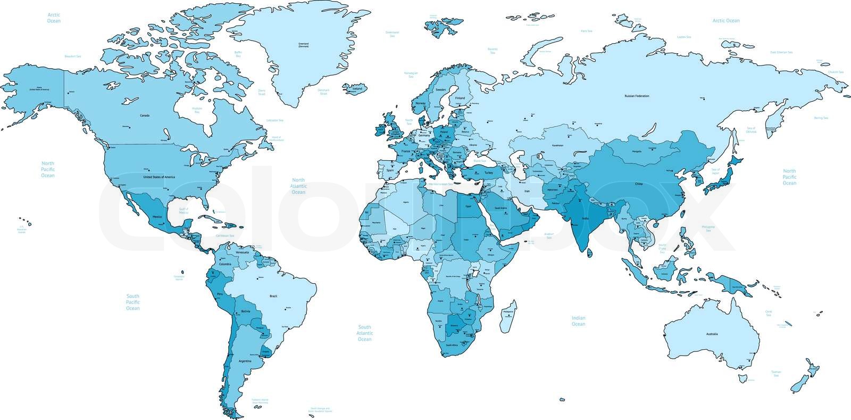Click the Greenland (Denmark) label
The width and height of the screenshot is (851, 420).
tap(303, 45)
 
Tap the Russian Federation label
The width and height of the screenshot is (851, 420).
tap(637, 96)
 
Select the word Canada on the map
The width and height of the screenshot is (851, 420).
tap(144, 115)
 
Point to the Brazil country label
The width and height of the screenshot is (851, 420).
tap(274, 295)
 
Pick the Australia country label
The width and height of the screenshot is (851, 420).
tap(712, 334)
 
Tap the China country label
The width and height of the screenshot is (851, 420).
tap(639, 184)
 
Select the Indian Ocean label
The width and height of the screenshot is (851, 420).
tap(578, 321)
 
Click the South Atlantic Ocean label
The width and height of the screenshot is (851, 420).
tap(364, 333)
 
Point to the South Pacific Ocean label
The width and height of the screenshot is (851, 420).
tap(132, 302)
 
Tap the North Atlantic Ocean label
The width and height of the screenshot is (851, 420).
tap(298, 186)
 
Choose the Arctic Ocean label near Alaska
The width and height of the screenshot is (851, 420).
tap(54, 18)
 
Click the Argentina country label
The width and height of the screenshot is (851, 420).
tap(245, 361)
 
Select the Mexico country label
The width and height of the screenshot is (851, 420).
tap(157, 217)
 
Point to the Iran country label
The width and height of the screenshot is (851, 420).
tap(527, 190)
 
